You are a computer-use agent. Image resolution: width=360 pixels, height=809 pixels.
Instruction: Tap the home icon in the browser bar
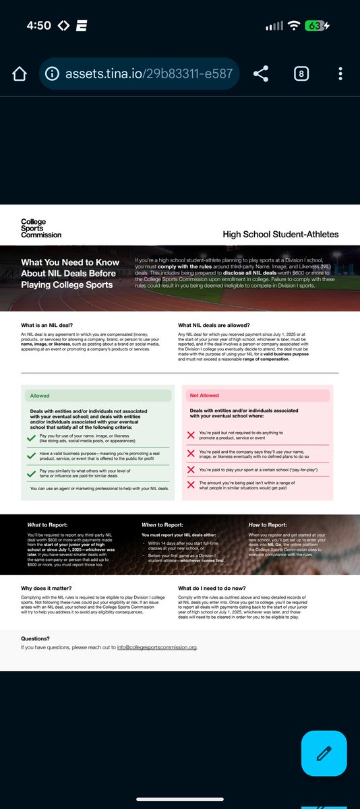(x=19, y=73)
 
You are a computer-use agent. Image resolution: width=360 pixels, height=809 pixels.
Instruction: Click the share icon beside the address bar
(x=262, y=73)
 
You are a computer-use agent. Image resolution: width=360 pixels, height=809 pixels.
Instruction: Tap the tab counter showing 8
(x=301, y=73)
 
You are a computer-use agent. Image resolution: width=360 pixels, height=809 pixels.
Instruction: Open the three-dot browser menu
(x=340, y=73)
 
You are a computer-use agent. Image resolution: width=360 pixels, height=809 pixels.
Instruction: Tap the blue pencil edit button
(x=324, y=752)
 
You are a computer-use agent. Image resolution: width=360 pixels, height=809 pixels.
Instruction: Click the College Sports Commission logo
(x=40, y=228)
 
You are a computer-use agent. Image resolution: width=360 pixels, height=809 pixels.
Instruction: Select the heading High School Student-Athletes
(x=280, y=235)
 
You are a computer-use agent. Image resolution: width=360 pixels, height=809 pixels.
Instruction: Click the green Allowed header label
(x=39, y=396)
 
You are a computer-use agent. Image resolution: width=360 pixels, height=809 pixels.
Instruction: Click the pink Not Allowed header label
(x=205, y=396)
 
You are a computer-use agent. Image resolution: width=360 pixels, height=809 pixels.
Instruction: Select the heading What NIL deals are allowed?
(x=214, y=325)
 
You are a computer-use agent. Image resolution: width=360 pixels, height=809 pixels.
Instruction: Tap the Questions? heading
(x=35, y=638)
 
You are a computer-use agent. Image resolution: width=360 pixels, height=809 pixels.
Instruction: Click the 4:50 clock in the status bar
(x=38, y=26)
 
